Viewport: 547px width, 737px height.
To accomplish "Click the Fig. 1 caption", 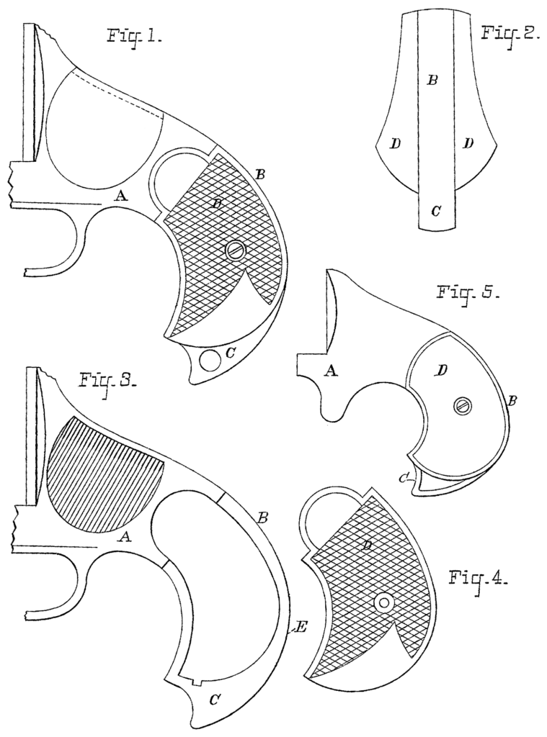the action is [133, 36].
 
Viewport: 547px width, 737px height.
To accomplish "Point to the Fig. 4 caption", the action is [479, 579].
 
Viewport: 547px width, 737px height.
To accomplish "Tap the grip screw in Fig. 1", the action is [235, 250].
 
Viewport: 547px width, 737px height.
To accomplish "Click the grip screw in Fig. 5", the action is [462, 406].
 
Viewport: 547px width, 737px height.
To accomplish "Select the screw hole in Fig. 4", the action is [384, 603].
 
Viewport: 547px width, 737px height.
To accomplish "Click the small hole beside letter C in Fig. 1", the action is [210, 359].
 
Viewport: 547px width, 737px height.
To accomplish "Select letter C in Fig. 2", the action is [435, 211].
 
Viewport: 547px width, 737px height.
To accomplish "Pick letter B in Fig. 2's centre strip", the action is [432, 80].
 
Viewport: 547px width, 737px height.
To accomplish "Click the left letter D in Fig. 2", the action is [395, 144].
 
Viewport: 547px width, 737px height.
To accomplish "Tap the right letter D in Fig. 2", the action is [468, 144].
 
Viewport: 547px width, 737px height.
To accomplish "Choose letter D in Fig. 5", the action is [442, 370].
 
